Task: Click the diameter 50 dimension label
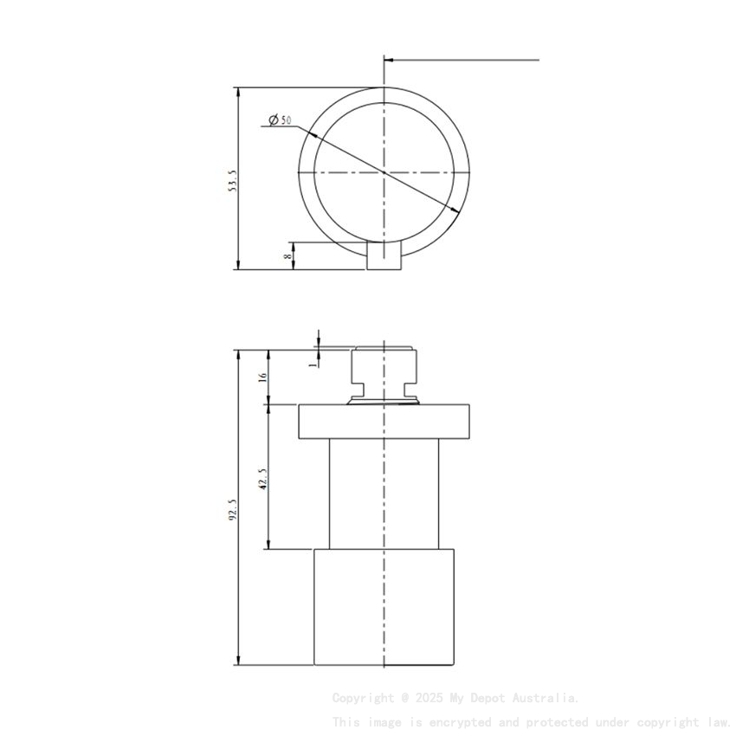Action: point(280,119)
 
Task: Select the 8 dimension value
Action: point(287,255)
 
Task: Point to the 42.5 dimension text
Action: point(263,478)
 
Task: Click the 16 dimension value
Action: point(263,378)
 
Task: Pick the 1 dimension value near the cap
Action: point(313,365)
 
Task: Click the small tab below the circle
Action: point(384,256)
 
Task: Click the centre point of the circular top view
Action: point(384,172)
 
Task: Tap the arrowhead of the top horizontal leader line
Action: point(388,61)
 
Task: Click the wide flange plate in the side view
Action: point(384,422)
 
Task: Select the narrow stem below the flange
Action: point(384,494)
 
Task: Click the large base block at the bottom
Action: point(384,607)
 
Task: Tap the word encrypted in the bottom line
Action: point(457,722)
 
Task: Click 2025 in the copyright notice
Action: point(430,698)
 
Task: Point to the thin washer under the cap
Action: point(384,401)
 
